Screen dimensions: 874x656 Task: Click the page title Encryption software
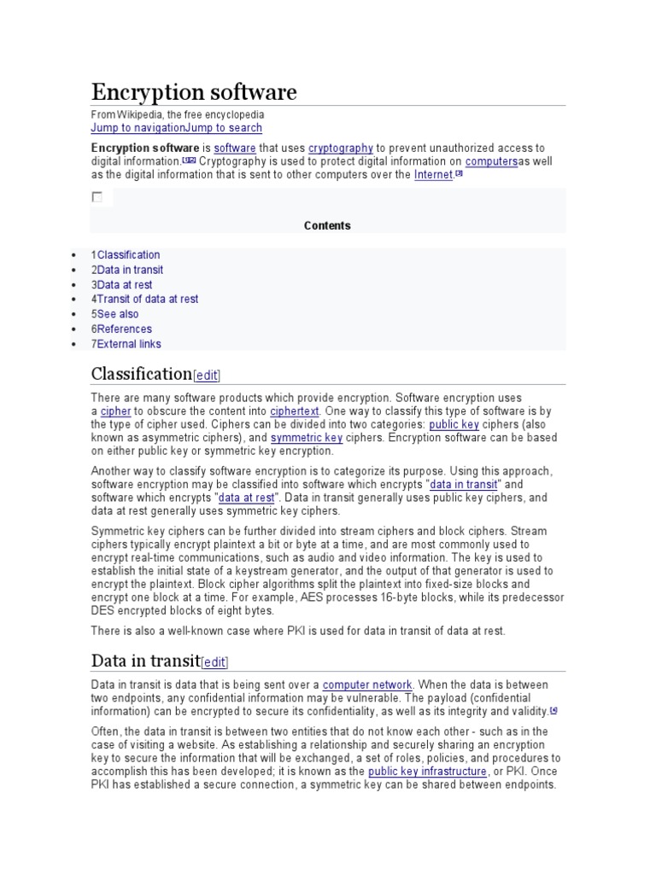click(194, 92)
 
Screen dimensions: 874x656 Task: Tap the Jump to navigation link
click(138, 128)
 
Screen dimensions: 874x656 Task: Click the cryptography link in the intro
click(340, 148)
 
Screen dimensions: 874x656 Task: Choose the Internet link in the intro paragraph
click(433, 175)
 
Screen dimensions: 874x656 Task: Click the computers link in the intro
click(491, 161)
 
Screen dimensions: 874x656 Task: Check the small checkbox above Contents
click(97, 197)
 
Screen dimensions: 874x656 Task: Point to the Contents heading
click(327, 225)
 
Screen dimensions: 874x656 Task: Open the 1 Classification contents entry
click(126, 254)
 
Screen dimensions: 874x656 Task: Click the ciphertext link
click(295, 411)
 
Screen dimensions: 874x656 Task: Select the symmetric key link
click(307, 438)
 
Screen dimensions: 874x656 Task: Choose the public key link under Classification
click(454, 424)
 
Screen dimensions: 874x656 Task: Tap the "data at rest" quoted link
click(246, 498)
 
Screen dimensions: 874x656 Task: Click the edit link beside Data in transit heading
click(214, 662)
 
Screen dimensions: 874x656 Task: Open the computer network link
click(367, 685)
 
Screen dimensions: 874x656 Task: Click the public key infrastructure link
click(427, 772)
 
